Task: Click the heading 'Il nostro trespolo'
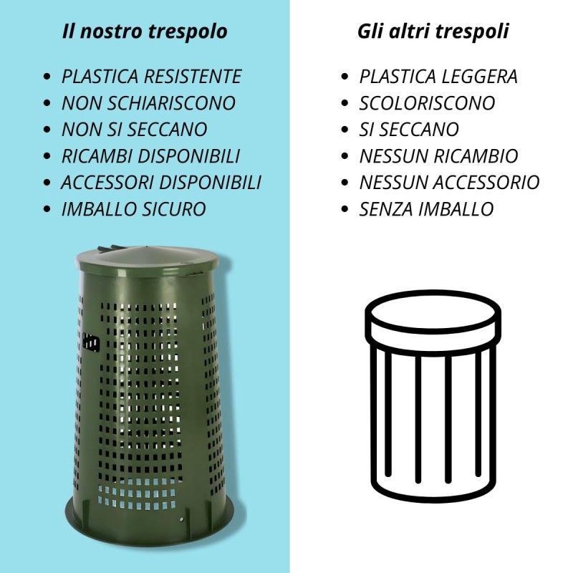[x=145, y=31]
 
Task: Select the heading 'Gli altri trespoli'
[x=433, y=31]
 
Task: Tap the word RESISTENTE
[x=193, y=77]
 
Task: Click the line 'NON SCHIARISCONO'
[x=148, y=103]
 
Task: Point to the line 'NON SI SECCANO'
[x=135, y=130]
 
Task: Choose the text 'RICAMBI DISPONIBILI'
[x=150, y=156]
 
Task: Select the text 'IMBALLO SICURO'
[x=133, y=209]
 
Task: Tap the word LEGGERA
[x=479, y=77]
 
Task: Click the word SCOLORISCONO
[x=427, y=103]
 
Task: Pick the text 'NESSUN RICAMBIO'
[x=438, y=156]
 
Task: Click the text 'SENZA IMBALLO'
[x=426, y=209]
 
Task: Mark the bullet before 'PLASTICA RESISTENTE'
[x=47, y=77]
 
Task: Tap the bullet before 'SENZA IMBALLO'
[x=345, y=209]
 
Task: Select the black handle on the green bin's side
[x=91, y=342]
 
